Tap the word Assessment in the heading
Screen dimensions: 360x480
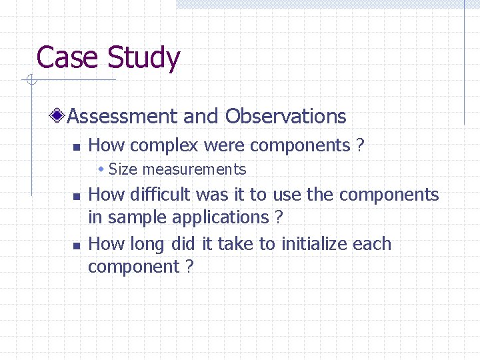click(x=123, y=116)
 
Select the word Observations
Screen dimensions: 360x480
click(x=285, y=116)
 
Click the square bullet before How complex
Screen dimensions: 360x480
click(x=76, y=147)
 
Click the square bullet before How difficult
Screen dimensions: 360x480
click(x=76, y=196)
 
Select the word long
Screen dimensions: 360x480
click(x=147, y=245)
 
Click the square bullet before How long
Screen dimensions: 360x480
click(x=76, y=245)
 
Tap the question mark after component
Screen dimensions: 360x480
click(x=189, y=267)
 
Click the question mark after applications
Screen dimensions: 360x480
click(x=279, y=217)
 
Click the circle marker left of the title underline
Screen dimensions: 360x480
click(x=29, y=81)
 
